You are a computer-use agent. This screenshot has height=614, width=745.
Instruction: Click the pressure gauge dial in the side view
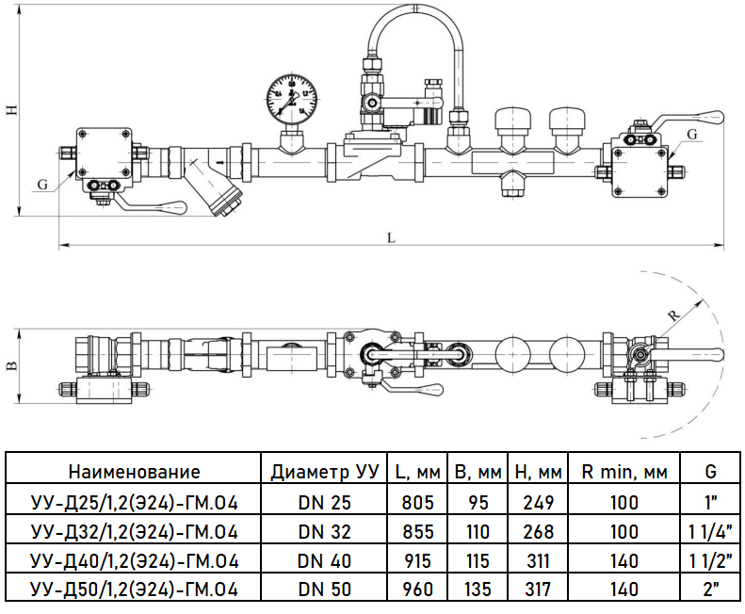pos(291,97)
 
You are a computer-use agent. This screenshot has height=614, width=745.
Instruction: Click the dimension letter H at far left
pos(11,109)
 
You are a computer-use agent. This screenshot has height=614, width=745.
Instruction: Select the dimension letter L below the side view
pos(390,237)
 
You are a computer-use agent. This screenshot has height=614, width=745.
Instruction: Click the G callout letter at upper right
pos(692,135)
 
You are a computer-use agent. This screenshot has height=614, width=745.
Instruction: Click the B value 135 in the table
pos(478,590)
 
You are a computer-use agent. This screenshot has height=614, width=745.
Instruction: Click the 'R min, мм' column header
pos(624,472)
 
